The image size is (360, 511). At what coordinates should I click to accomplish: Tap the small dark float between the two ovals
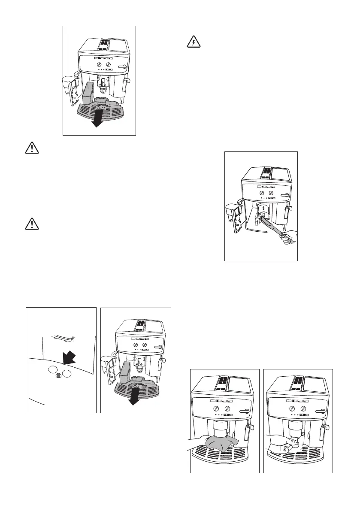(x=59, y=376)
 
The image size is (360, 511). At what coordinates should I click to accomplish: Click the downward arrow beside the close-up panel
(x=134, y=398)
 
